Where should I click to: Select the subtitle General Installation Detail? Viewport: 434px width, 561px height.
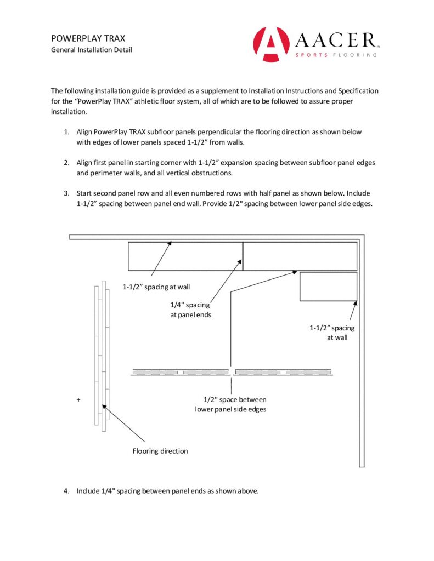91,50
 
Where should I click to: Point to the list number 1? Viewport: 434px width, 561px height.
66,133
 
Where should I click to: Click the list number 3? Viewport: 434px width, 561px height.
66,193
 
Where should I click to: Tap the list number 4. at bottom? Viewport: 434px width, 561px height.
66,491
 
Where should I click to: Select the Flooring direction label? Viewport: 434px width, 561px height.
160,451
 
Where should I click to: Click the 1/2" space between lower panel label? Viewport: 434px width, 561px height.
230,404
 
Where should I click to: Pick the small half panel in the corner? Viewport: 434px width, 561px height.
328,286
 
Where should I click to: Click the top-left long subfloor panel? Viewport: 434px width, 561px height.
185,256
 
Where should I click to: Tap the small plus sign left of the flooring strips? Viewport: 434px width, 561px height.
78,400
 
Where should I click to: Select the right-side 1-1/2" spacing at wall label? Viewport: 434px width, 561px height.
332,333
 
